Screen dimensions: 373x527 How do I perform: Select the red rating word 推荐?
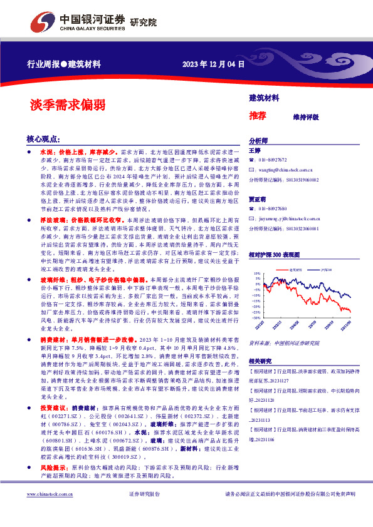[258, 116]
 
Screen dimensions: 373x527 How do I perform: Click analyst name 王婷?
[255, 151]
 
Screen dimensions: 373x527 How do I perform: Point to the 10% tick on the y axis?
[258, 274]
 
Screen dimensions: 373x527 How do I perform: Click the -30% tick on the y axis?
[257, 317]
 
